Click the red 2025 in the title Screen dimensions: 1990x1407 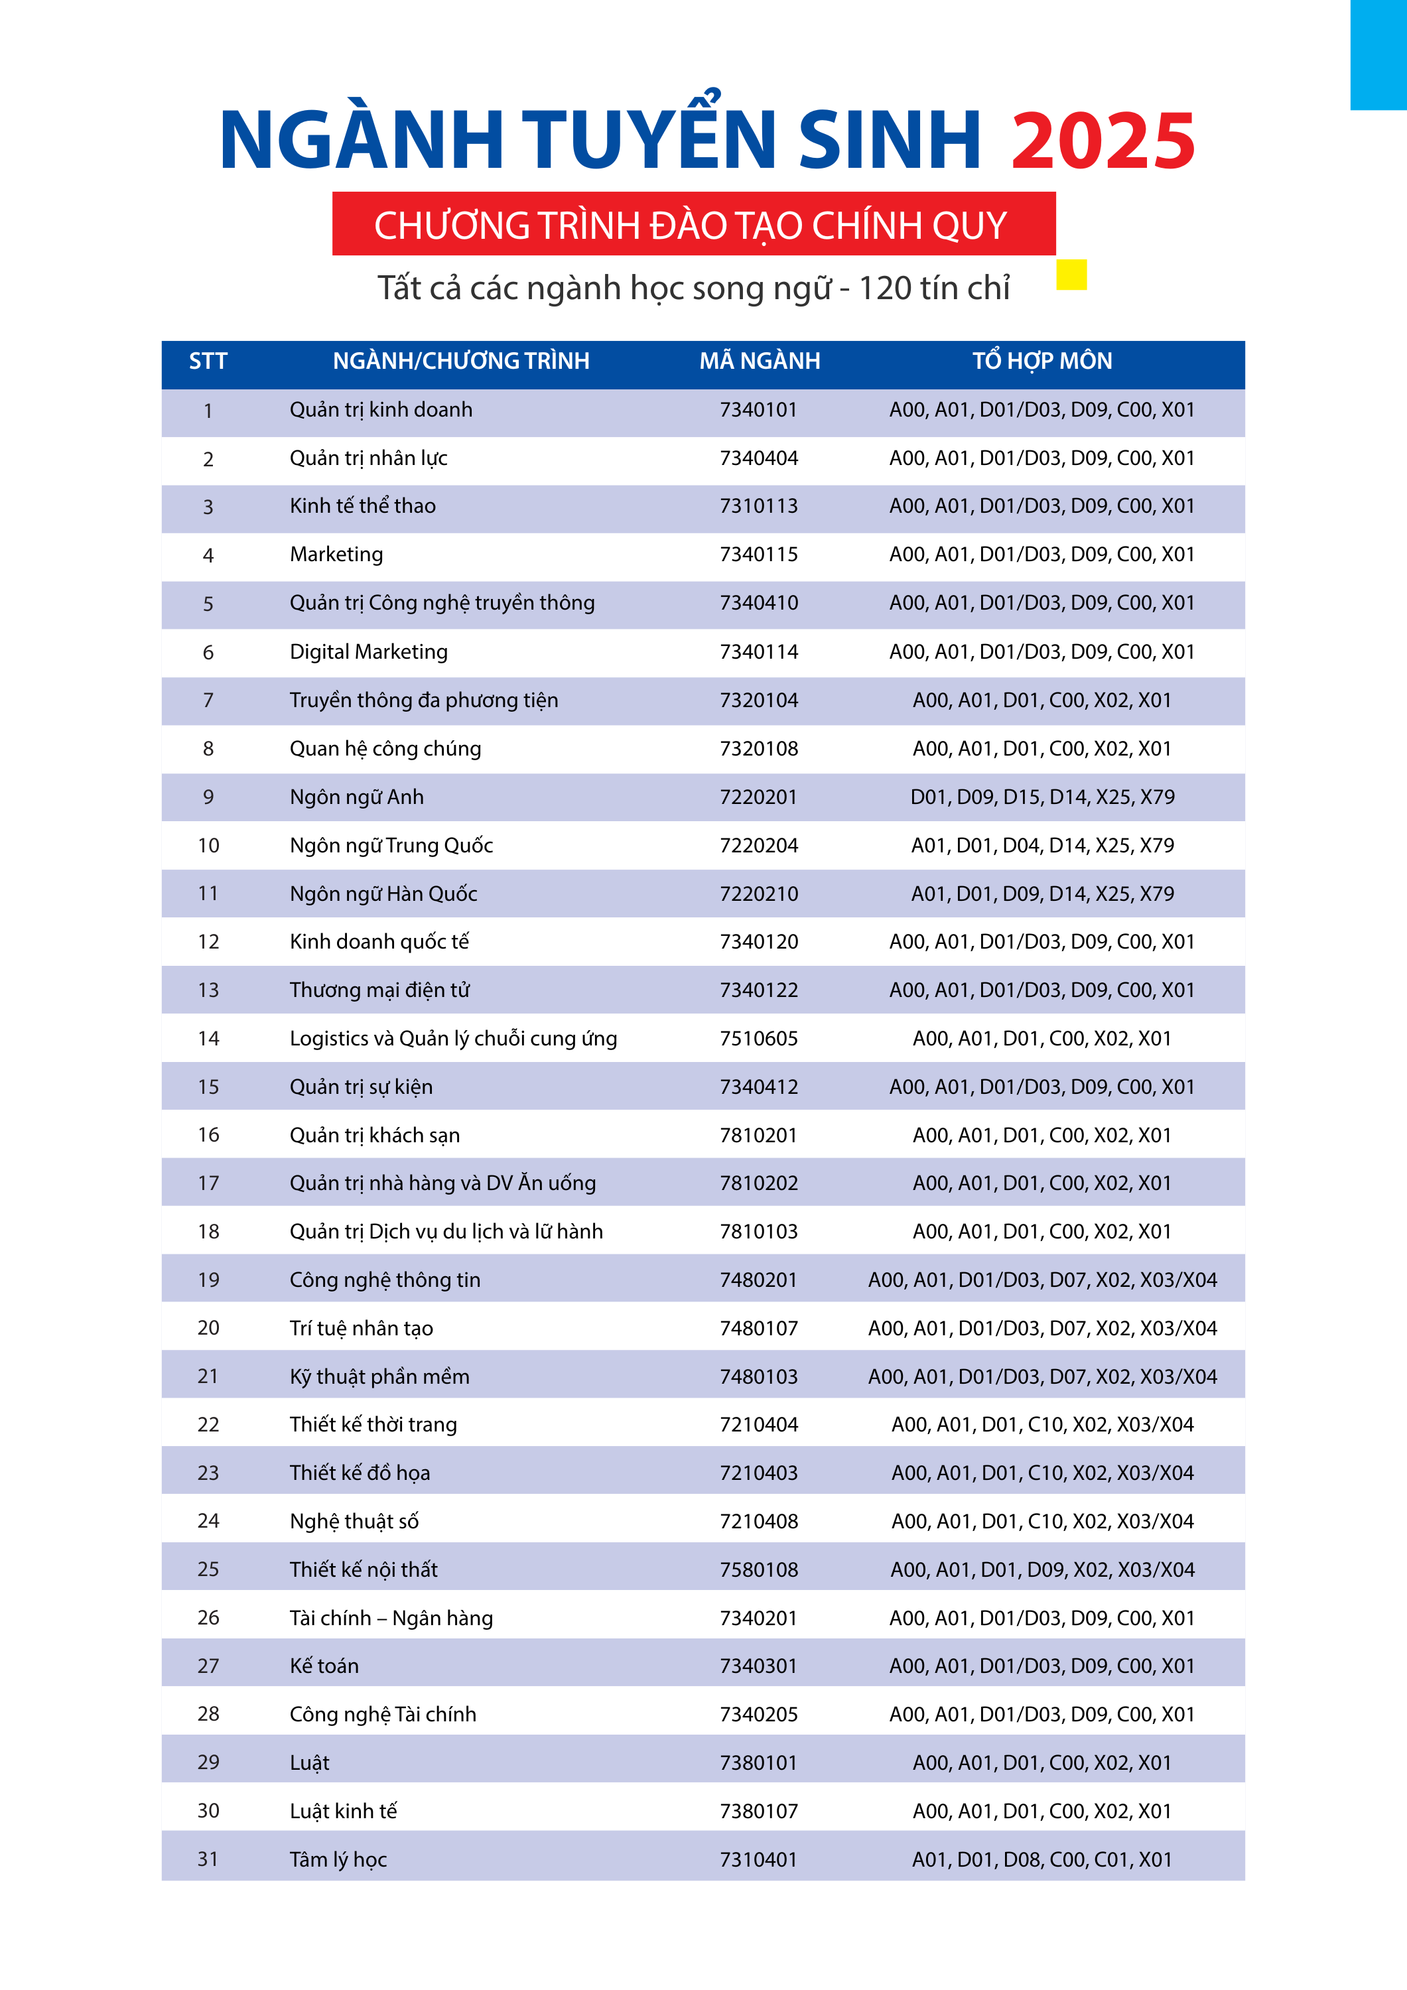(x=1103, y=141)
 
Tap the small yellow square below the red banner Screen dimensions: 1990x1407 (x=1071, y=275)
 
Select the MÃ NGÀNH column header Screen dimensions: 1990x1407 (x=760, y=362)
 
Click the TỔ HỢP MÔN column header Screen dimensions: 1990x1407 (x=1041, y=362)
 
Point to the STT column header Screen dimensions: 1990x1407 (x=208, y=362)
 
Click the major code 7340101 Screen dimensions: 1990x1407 (x=758, y=410)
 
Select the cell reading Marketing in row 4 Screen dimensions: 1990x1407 (x=336, y=555)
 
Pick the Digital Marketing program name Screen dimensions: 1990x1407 (x=368, y=652)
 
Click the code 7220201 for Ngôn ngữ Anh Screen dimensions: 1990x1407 (x=758, y=797)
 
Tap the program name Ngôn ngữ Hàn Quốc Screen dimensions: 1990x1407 (x=383, y=894)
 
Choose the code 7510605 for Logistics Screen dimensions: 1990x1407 (x=758, y=1038)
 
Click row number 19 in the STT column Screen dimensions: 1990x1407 (x=208, y=1280)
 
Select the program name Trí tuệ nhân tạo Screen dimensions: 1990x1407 (x=361, y=1329)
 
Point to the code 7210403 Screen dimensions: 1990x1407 (x=758, y=1473)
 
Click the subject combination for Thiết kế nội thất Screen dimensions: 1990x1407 (x=1042, y=1569)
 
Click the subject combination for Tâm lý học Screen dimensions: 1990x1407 (x=1041, y=1859)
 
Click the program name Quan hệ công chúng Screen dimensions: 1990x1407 (x=385, y=749)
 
